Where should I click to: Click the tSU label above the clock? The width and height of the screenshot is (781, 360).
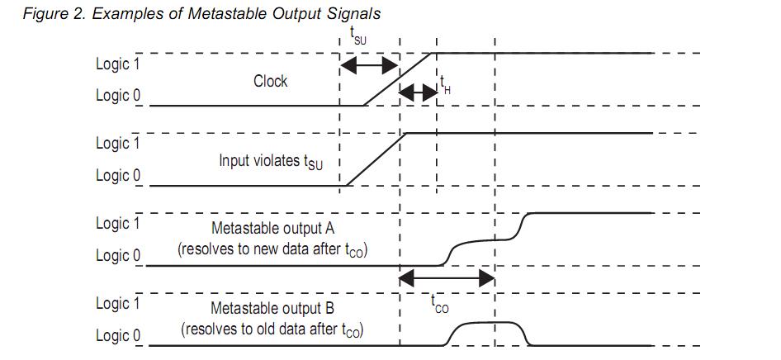coord(358,36)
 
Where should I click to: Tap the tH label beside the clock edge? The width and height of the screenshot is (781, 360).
coord(445,85)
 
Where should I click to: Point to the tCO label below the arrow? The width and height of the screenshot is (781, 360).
coord(439,303)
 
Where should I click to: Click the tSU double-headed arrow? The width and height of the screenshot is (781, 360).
coord(369,65)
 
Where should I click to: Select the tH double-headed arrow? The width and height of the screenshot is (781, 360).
coord(419,92)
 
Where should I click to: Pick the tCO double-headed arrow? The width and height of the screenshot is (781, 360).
coord(447,278)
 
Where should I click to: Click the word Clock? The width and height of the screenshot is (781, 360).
coord(271,81)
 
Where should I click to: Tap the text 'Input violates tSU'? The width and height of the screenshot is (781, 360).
coord(271,162)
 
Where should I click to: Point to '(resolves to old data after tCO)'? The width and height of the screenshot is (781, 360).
coord(272,329)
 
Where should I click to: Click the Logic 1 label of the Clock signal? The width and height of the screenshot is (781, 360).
coord(118,64)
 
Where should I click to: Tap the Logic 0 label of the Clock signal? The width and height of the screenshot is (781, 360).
coord(118,95)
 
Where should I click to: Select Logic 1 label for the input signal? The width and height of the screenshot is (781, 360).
coord(118,144)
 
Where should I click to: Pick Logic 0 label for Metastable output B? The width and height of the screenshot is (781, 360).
coord(118,335)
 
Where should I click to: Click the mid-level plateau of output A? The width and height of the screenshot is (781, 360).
coord(485,240)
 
